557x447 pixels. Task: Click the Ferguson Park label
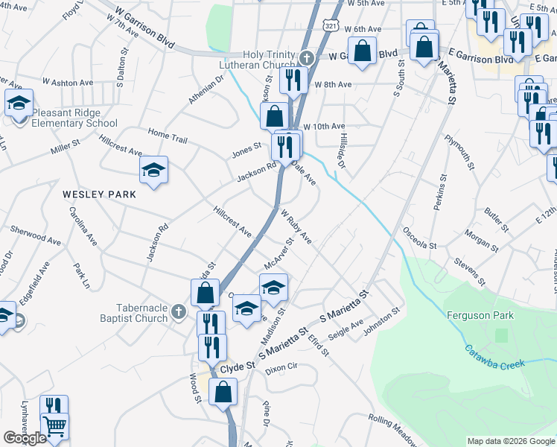pyautogui.click(x=480, y=315)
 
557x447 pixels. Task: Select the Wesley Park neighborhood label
pyautogui.click(x=99, y=194)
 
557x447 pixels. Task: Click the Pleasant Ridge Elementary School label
pyautogui.click(x=74, y=118)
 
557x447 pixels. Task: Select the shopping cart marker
pyautogui.click(x=54, y=427)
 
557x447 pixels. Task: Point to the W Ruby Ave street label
pyautogui.click(x=296, y=227)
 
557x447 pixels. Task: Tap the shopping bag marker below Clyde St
pyautogui.click(x=223, y=391)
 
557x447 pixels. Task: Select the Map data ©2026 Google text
pyautogui.click(x=510, y=441)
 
